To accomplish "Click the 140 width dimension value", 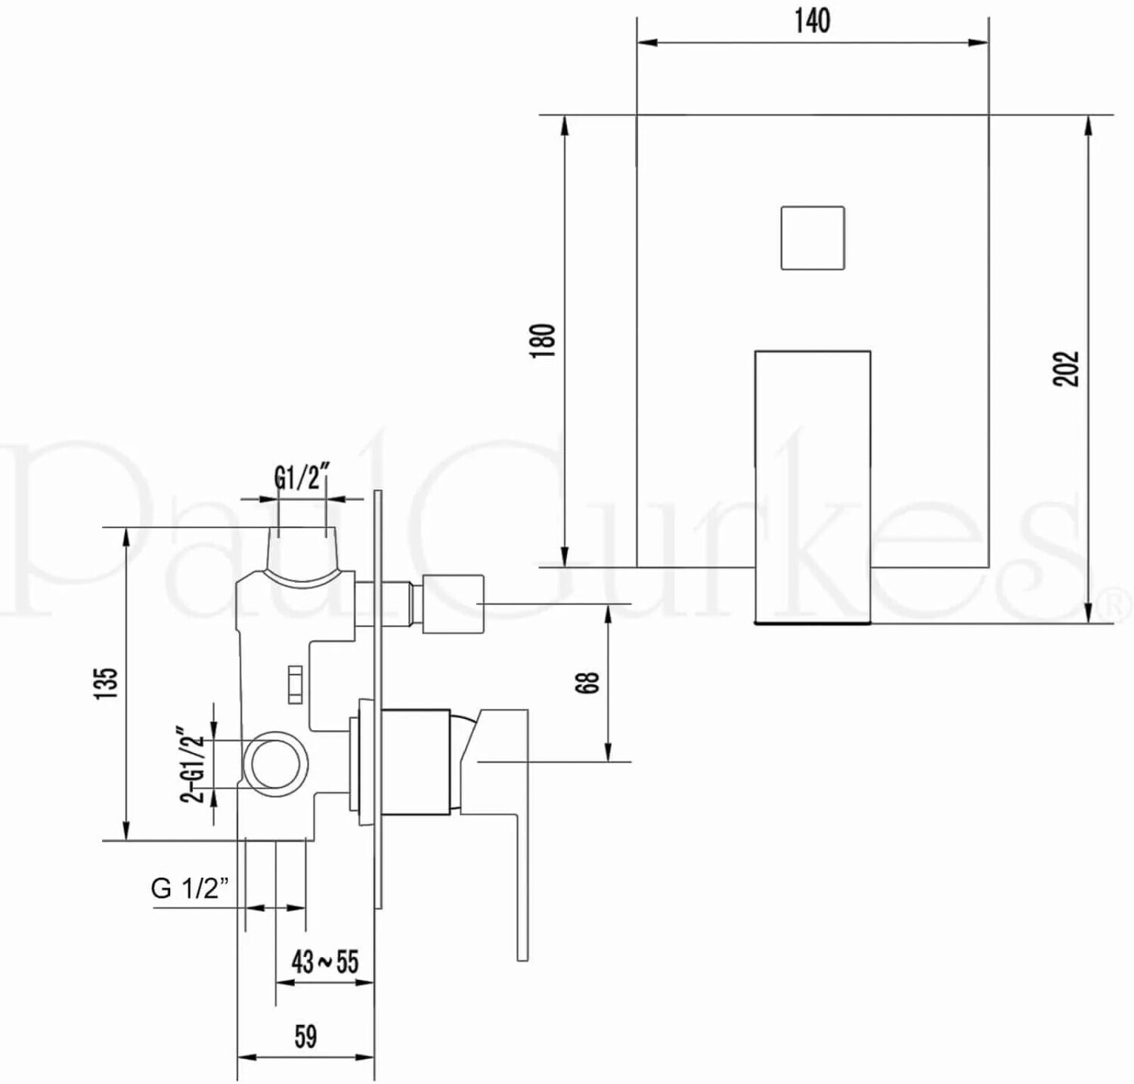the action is tap(813, 20).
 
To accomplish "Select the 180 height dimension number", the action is tap(544, 341).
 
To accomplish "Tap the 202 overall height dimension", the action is tap(1067, 368).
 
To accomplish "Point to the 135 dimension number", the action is tap(107, 683).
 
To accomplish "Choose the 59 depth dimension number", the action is tap(305, 1036).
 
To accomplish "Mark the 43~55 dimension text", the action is tap(325, 962).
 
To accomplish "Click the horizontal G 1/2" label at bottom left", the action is tap(189, 887).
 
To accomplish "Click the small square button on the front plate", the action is tap(813, 237).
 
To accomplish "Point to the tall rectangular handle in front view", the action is tap(813, 487).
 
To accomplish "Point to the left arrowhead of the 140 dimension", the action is tap(647, 42).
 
